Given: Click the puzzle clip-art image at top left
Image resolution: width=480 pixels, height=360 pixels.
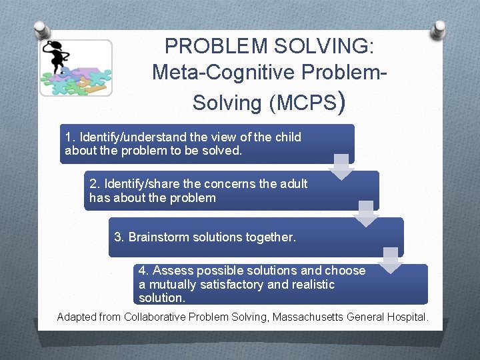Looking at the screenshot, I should pos(75,68).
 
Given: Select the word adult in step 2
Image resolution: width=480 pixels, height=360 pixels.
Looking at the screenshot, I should pos(293,183).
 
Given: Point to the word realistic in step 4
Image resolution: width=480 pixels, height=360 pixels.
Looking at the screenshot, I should pos(311,285).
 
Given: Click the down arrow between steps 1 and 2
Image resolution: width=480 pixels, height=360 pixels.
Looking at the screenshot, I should pos(342,167).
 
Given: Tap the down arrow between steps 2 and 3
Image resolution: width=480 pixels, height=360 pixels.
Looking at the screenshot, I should pos(365,213).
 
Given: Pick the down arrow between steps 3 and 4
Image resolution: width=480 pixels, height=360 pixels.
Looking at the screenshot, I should pos(391,260).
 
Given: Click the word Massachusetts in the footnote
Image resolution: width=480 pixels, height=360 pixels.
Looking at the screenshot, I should pos(309,317).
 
